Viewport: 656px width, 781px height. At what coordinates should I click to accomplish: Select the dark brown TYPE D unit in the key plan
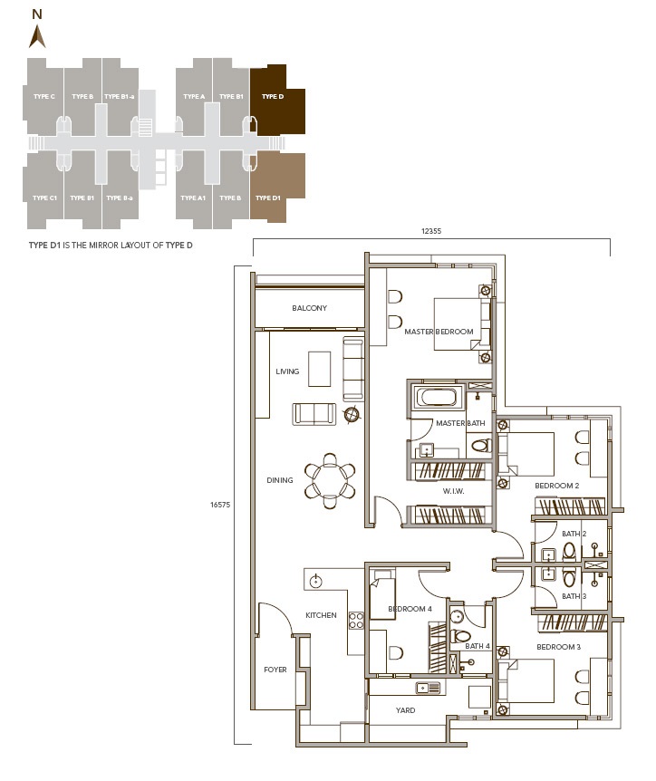click(276, 98)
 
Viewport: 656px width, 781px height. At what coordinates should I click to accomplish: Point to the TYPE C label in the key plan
click(44, 96)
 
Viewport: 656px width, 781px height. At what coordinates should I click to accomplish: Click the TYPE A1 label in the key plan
click(194, 198)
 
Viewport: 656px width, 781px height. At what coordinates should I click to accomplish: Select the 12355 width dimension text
click(430, 231)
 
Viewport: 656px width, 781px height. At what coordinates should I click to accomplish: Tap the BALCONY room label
click(309, 309)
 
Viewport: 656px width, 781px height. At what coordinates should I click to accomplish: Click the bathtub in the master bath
click(438, 398)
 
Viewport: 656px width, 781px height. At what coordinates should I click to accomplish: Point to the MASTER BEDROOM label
click(439, 333)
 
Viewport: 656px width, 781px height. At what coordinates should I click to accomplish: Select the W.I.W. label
click(453, 492)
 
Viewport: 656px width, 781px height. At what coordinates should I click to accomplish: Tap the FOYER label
click(275, 670)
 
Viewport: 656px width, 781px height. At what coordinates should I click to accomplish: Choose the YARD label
click(406, 710)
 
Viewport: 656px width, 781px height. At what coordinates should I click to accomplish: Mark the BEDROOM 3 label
click(558, 647)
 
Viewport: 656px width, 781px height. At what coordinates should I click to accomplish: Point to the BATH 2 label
click(574, 534)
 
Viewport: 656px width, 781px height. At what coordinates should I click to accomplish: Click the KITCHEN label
click(321, 616)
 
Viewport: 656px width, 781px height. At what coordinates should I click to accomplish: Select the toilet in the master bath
click(481, 445)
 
